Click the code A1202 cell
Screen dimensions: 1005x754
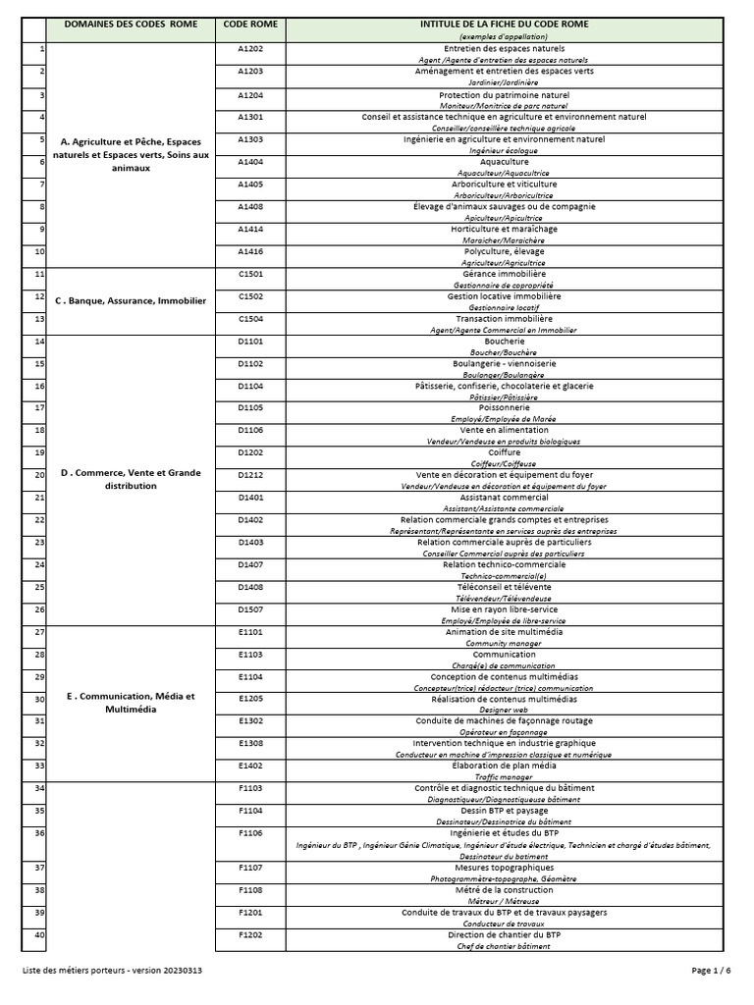pyautogui.click(x=250, y=48)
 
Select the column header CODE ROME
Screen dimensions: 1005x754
pyautogui.click(x=249, y=23)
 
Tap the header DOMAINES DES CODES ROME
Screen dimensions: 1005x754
pyautogui.click(x=131, y=23)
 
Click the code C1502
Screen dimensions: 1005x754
pyautogui.click(x=250, y=296)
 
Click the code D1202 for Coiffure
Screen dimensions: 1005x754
pyautogui.click(x=250, y=452)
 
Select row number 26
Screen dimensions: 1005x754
pyautogui.click(x=40, y=609)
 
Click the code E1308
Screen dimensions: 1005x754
pyautogui.click(x=250, y=744)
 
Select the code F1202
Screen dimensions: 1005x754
pyautogui.click(x=250, y=935)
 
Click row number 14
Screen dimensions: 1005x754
pyautogui.click(x=40, y=342)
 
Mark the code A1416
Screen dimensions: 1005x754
pyautogui.click(x=250, y=251)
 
